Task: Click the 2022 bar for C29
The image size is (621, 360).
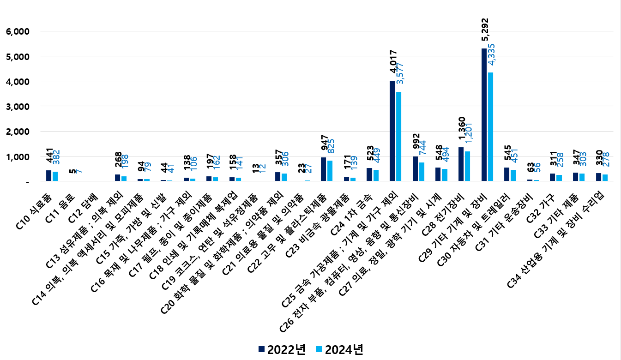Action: click(x=484, y=115)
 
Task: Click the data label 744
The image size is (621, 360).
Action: click(x=422, y=150)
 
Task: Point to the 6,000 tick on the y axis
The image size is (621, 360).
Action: click(x=17, y=31)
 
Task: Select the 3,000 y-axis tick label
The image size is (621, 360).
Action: click(x=17, y=107)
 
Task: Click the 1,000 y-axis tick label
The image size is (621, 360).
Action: click(x=17, y=157)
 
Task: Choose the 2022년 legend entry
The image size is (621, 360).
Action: click(x=282, y=349)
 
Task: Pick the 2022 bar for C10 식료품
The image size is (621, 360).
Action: click(x=48, y=176)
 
